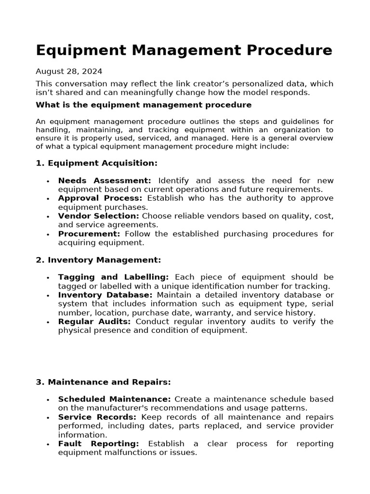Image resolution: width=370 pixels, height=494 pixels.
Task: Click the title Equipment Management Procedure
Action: coord(184,50)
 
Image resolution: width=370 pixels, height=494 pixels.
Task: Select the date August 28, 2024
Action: coord(69,71)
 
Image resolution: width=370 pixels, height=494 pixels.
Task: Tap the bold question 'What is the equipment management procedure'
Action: coord(144,105)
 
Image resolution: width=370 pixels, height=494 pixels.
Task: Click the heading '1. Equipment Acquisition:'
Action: coord(96,163)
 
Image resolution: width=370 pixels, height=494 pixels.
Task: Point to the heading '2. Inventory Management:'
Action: coord(98,260)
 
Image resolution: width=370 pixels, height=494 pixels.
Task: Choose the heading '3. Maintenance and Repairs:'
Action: coord(103,382)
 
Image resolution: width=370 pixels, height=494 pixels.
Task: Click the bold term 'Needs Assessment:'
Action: coord(105,180)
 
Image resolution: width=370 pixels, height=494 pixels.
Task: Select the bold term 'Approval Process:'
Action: coord(100,198)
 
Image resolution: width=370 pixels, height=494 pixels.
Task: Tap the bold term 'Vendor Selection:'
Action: coord(99,216)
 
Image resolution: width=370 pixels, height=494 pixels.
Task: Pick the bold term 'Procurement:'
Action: coord(89,234)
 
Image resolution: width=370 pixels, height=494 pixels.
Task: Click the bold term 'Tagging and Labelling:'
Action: coord(113,277)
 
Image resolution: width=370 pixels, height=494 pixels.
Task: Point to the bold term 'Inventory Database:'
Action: coord(105,295)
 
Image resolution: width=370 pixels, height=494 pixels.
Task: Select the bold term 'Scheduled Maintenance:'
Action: coord(114,399)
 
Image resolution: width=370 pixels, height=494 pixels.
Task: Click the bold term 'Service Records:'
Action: coord(97,417)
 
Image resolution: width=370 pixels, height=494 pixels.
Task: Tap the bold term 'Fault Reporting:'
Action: coord(98,443)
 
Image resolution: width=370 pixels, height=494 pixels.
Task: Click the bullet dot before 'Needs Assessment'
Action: coord(48,181)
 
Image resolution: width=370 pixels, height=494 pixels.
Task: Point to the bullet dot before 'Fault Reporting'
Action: coord(48,444)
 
